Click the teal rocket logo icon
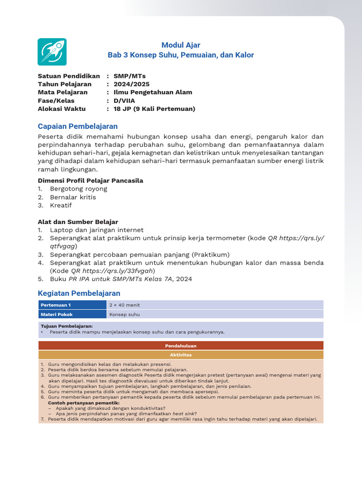52,52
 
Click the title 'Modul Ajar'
181,45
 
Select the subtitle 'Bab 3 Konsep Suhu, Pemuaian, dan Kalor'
181,55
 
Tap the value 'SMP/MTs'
130,76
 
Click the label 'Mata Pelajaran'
63,92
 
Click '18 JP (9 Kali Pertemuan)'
154,109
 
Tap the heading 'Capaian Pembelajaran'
78,126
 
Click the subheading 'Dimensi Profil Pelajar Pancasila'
90,181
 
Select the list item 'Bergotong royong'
78,189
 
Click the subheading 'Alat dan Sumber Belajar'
78,222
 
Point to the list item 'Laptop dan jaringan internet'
97,230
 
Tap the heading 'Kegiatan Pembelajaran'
79,293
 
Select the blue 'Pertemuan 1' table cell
72,305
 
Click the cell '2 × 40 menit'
124,305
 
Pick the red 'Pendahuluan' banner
181,346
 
